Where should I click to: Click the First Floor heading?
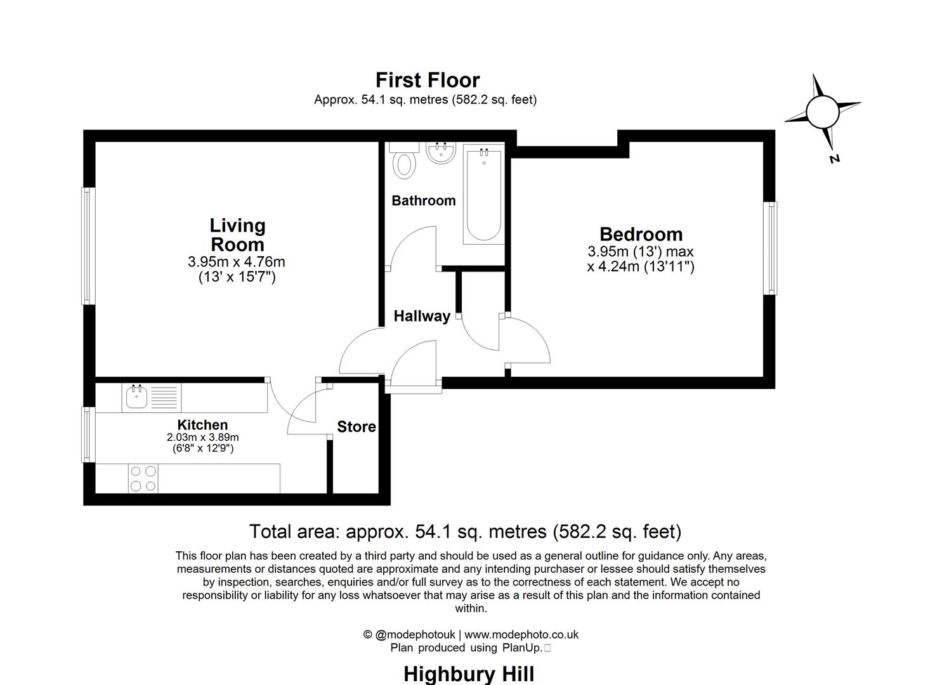[x=428, y=81]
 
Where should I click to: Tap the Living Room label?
[x=237, y=235]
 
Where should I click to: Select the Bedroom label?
[x=641, y=234]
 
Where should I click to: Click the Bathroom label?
[x=423, y=201]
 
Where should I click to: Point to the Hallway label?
[x=422, y=316]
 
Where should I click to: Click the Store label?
[x=356, y=427]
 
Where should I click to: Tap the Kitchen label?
[x=202, y=425]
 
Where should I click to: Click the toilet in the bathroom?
[x=404, y=161]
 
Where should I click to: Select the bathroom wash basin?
[x=440, y=153]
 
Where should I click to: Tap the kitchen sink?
[x=136, y=398]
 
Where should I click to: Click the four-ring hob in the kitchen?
[x=143, y=478]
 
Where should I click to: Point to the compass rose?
[x=823, y=113]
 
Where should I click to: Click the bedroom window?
[x=770, y=248]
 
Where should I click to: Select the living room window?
[x=88, y=245]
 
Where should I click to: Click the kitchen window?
[x=88, y=434]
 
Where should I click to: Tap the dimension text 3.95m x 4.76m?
[x=237, y=262]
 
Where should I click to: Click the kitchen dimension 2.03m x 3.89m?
[x=202, y=438]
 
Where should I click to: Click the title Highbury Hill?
[x=468, y=673]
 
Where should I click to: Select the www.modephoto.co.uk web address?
[x=521, y=634]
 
